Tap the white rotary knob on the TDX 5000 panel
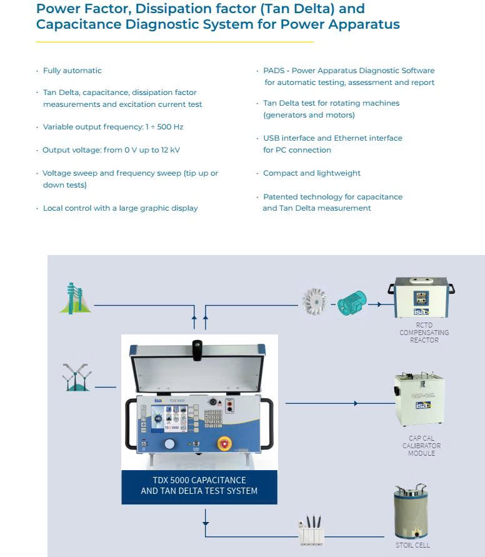pos(169,444)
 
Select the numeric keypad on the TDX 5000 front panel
pos(213,417)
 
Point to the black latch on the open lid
pos(197,349)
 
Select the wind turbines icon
pos(76,377)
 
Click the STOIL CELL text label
pos(412,545)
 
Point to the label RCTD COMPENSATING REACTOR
pos(424,333)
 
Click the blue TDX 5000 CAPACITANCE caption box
pos(199,486)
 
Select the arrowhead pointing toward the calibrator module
pos(356,403)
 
